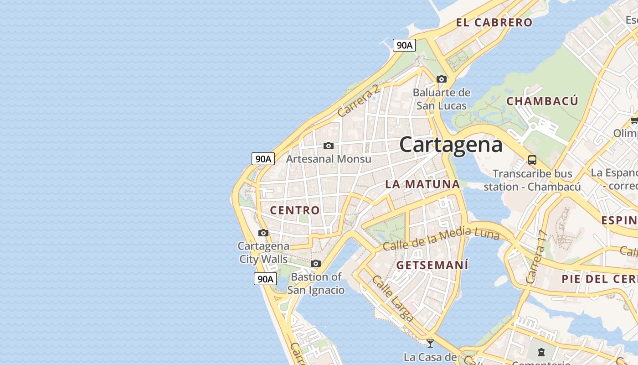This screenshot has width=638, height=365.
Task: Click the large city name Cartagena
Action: [x=451, y=145]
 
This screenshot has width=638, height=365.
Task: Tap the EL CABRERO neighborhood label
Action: [x=494, y=22]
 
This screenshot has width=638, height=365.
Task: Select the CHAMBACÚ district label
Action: [x=542, y=101]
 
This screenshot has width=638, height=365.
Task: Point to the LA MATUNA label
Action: [x=422, y=184]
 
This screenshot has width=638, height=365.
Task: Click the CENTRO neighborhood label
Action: [x=295, y=210]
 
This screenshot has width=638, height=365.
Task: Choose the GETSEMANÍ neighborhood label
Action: [x=432, y=265]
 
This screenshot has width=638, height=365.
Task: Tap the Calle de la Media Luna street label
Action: [x=441, y=240]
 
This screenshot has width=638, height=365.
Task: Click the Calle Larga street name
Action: [x=392, y=298]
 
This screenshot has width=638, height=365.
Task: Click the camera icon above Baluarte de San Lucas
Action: [x=441, y=79]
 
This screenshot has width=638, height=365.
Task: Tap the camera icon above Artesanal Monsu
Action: [x=328, y=146]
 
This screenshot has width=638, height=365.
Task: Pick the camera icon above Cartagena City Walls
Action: [x=263, y=233]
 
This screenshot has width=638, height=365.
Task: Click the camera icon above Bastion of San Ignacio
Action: [x=315, y=263]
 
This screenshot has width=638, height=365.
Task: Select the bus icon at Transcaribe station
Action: [x=532, y=160]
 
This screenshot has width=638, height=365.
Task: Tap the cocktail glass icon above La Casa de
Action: [x=430, y=343]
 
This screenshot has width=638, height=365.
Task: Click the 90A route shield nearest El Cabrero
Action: [x=404, y=45]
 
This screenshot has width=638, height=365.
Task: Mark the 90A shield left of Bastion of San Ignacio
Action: [x=265, y=279]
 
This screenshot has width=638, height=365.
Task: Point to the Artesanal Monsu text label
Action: [x=328, y=159]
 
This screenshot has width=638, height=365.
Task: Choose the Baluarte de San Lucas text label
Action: [x=441, y=99]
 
